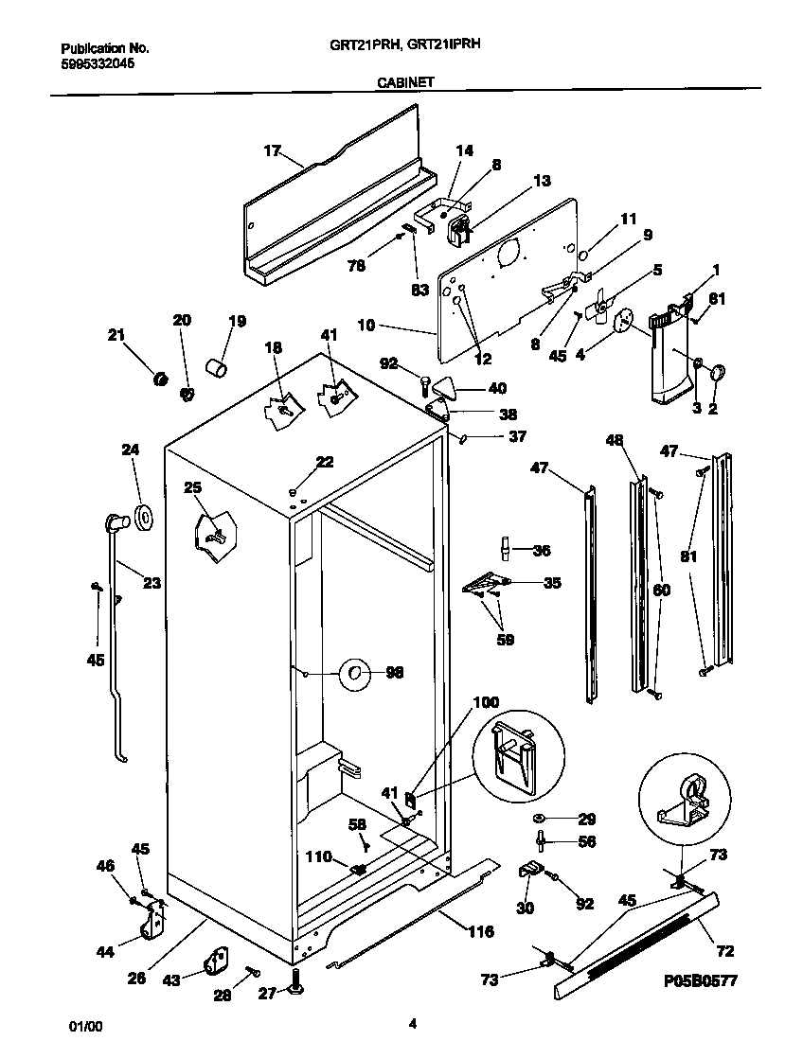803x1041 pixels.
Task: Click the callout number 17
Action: [272, 150]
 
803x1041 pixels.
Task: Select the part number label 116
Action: [480, 932]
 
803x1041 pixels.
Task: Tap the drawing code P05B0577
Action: [700, 981]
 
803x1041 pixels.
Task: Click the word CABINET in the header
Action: [405, 82]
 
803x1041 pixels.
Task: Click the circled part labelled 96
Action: [353, 673]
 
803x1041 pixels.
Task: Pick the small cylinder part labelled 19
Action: [218, 367]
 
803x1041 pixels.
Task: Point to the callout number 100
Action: [485, 702]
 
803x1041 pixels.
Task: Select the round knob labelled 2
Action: [715, 373]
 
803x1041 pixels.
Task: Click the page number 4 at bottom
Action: [412, 1023]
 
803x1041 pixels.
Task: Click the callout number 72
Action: [725, 951]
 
